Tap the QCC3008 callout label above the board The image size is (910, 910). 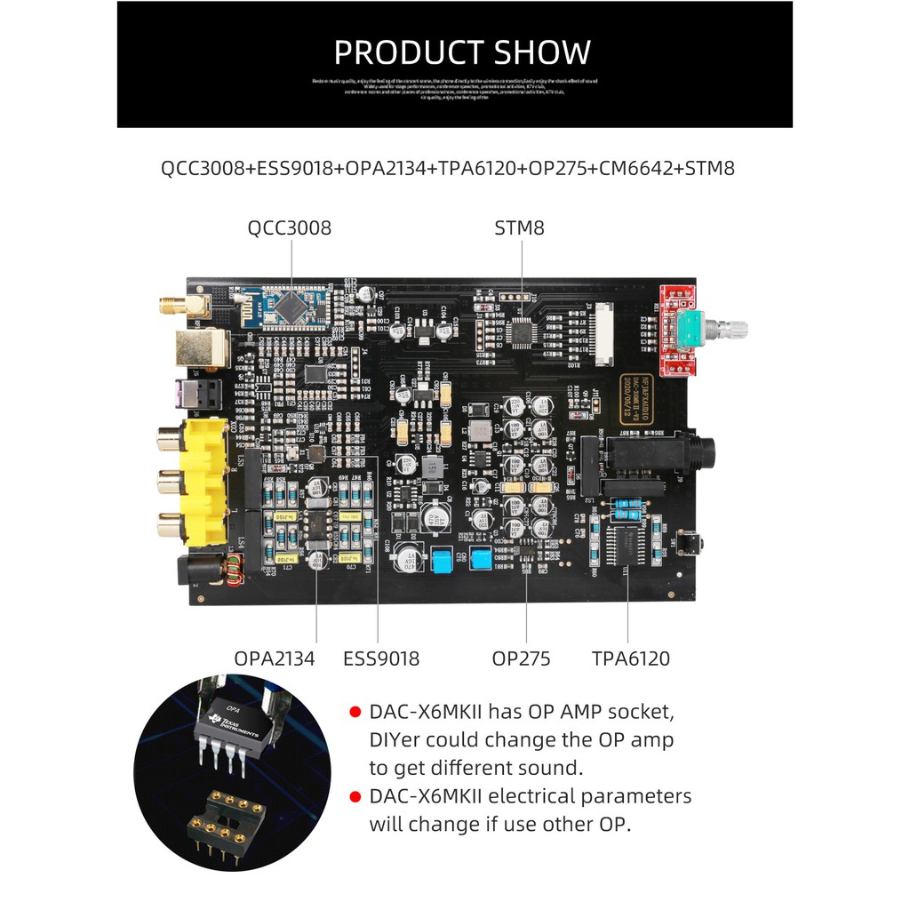tap(289, 227)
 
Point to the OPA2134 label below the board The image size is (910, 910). tap(275, 659)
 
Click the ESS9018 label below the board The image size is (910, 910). tap(381, 659)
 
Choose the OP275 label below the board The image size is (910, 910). tap(521, 659)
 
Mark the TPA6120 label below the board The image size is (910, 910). tap(631, 659)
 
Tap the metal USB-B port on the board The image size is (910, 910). tap(200, 347)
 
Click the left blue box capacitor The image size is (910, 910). tap(441, 559)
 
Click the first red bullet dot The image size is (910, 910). tap(355, 712)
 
